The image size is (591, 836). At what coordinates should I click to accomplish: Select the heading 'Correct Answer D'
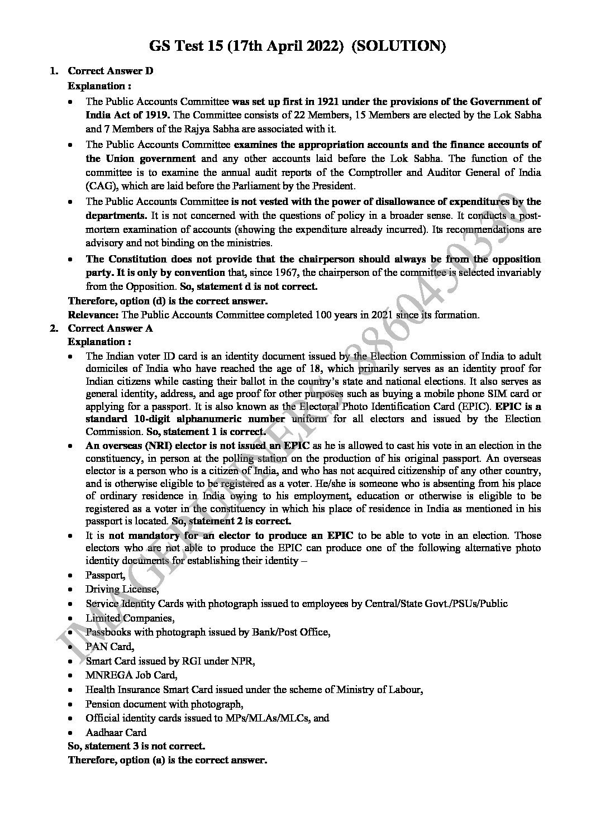(111, 71)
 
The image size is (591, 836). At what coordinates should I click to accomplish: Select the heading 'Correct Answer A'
(110, 328)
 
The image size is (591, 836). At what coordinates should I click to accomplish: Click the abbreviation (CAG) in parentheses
(101, 186)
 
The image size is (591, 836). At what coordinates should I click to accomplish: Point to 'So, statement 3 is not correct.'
(136, 746)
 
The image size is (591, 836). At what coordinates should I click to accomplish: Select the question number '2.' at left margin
(54, 328)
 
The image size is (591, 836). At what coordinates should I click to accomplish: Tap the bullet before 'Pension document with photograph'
(69, 704)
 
